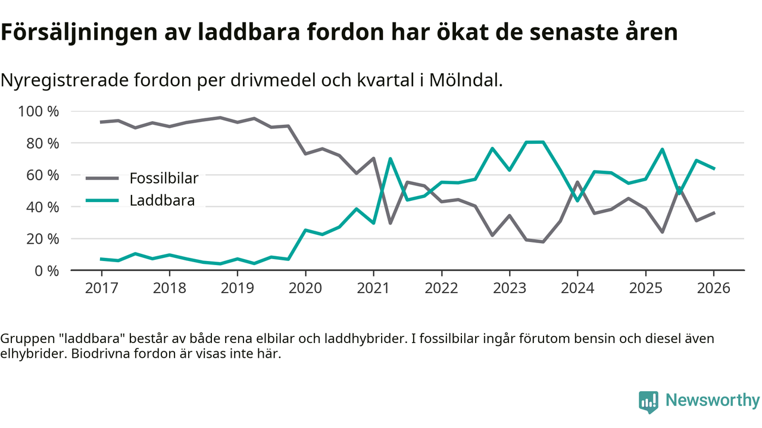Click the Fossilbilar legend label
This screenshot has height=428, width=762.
tap(164, 178)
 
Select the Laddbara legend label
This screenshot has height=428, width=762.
tap(162, 200)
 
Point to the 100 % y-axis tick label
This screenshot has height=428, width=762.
tap(39, 112)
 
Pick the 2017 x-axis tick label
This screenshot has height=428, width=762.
tap(101, 289)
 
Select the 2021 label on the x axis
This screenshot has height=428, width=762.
tap(373, 289)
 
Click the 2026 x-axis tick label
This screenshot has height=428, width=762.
tap(713, 289)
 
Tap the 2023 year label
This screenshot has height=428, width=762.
tap(509, 289)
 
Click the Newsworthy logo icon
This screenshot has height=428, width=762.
tap(648, 401)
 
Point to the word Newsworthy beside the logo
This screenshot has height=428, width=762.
tap(713, 400)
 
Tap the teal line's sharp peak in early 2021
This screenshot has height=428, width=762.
tap(390, 159)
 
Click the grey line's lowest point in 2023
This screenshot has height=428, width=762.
tap(543, 241)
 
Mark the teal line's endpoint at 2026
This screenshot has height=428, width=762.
tap(713, 169)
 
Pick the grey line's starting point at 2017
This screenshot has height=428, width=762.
tap(101, 122)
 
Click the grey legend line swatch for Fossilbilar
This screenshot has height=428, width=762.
tap(102, 178)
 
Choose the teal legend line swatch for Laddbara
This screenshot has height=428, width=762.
tap(102, 200)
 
